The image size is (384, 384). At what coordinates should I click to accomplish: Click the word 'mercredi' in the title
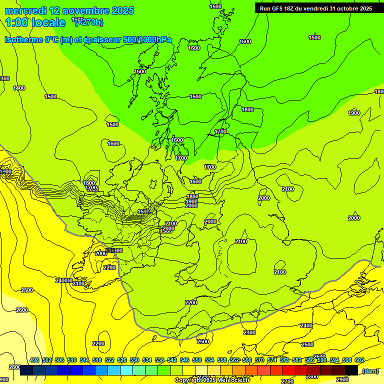[x=25, y=10]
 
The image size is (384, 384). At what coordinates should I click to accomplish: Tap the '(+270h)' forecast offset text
[x=89, y=22]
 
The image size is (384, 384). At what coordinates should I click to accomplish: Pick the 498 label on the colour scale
[x=34, y=360]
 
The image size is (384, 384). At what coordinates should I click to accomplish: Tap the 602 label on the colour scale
[x=359, y=360]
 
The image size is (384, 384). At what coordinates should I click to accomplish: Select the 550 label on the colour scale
[x=197, y=360]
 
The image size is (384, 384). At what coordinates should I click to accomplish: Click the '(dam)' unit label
[x=370, y=370]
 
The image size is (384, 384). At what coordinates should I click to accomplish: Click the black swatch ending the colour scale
[x=351, y=370]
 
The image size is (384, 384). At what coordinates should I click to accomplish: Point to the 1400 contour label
[x=19, y=88]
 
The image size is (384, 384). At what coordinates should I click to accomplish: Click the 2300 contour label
[x=249, y=332]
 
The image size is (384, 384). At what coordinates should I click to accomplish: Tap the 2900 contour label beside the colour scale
[x=342, y=379]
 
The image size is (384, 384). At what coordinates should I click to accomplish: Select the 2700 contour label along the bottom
[x=287, y=381]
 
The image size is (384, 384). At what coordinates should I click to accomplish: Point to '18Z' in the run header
[x=292, y=8]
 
